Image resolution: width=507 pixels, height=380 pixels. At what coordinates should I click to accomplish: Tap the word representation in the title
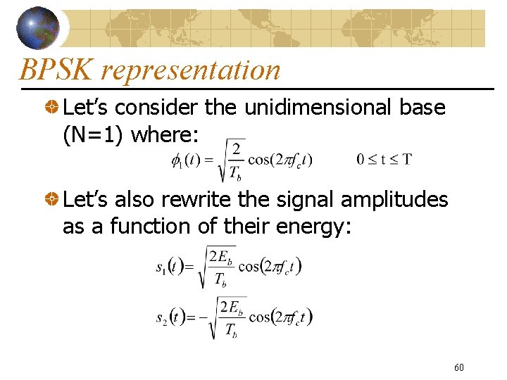pyautogui.click(x=190, y=70)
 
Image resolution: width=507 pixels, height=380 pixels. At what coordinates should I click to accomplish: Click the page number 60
pyautogui.click(x=459, y=367)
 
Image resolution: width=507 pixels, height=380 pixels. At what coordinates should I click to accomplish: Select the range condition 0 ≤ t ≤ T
pyautogui.click(x=384, y=159)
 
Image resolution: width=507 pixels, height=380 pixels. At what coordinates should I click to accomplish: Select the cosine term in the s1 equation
pyautogui.click(x=270, y=266)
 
